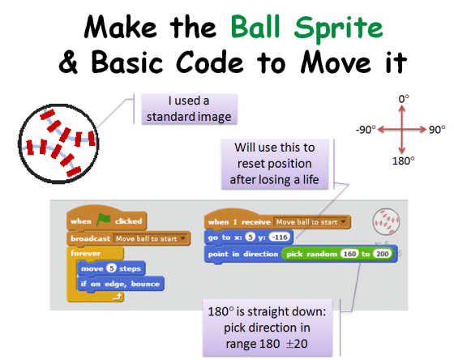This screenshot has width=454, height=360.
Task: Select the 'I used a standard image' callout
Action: click(188, 108)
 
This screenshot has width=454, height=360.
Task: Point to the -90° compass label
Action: click(366, 129)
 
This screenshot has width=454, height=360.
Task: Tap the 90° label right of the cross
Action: click(438, 129)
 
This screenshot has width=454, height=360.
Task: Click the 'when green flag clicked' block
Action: click(106, 220)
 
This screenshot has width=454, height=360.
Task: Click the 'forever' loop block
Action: click(86, 253)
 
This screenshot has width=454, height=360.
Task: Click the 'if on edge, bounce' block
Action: click(120, 284)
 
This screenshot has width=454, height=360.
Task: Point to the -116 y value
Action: click(279, 237)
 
